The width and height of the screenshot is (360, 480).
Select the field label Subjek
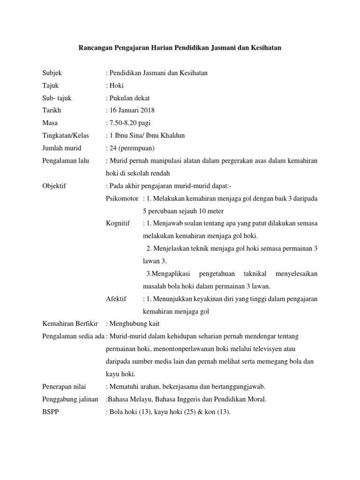pos(52,73)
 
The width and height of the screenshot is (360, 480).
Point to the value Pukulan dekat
pos(130,98)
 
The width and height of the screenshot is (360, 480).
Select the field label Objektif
pos(54,186)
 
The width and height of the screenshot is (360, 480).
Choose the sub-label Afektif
pos(116,299)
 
